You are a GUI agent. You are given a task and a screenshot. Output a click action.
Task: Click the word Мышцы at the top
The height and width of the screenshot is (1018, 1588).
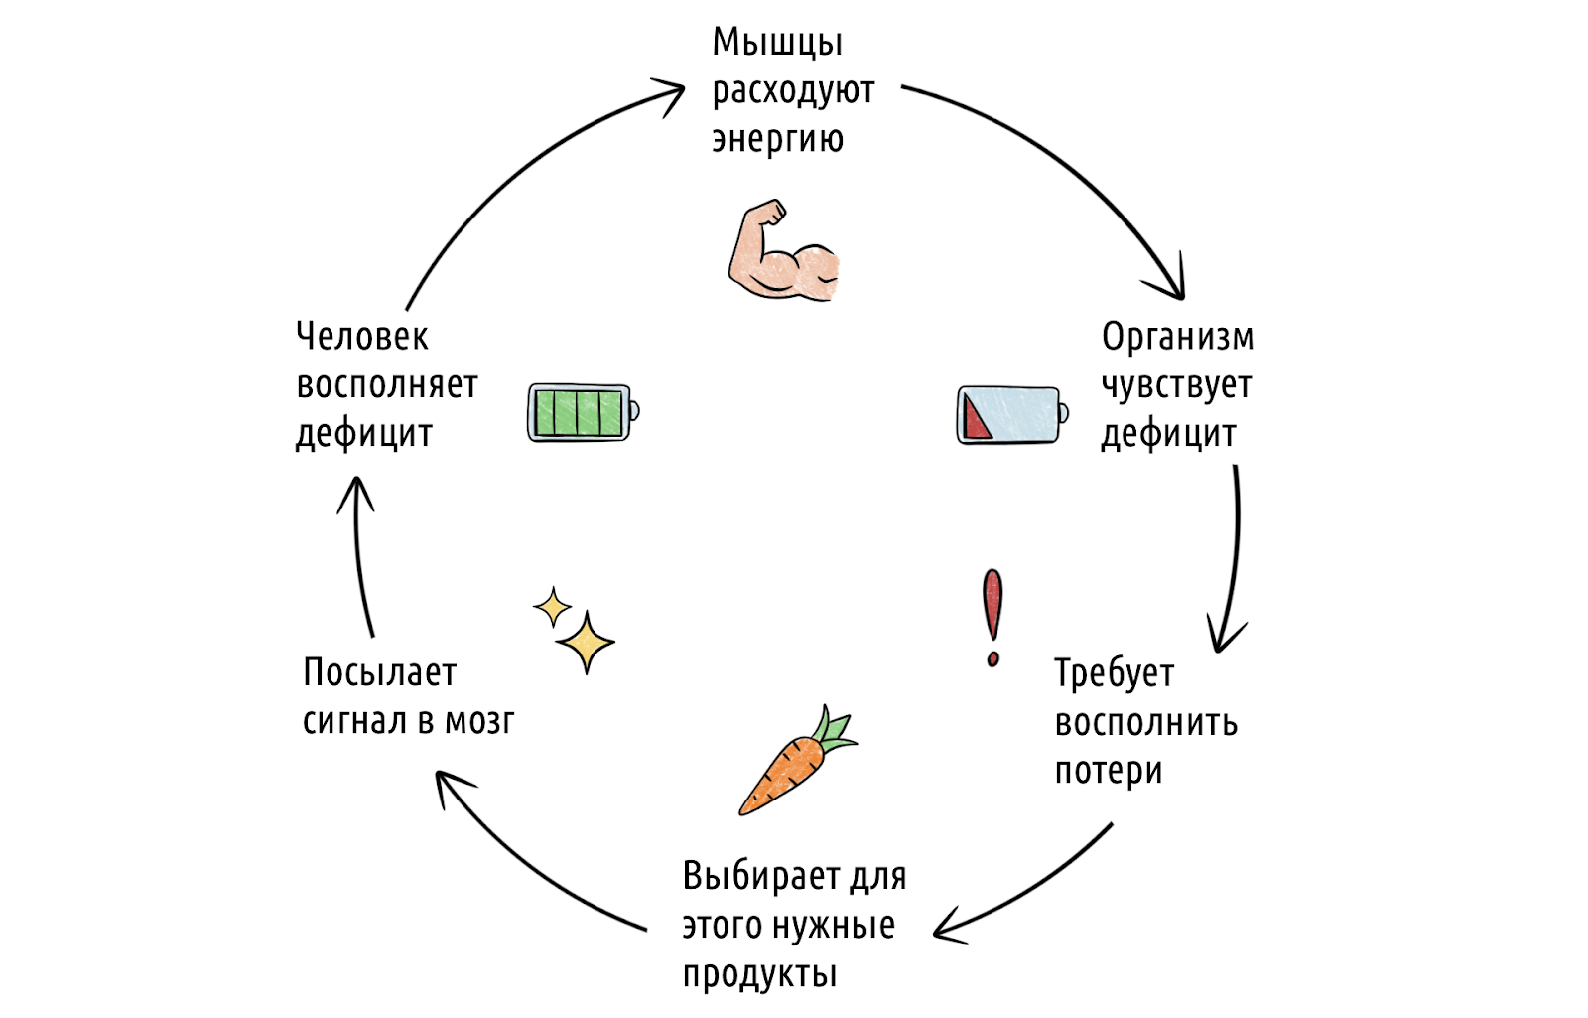tap(777, 44)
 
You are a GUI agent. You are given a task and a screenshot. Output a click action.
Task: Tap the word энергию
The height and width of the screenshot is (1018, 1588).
tap(777, 140)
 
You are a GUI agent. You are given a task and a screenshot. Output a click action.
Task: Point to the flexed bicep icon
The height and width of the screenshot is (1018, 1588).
tap(782, 253)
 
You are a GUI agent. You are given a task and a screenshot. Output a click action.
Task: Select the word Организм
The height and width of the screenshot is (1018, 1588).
tap(1177, 338)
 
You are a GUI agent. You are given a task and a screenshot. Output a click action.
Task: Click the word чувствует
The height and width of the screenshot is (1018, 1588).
tap(1176, 386)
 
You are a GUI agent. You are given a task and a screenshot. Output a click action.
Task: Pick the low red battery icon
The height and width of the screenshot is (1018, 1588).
tap(1011, 415)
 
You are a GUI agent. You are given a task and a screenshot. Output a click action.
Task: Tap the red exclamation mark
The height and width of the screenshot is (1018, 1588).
tap(992, 617)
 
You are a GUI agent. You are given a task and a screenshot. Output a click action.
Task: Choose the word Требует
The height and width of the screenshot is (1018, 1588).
tap(1114, 674)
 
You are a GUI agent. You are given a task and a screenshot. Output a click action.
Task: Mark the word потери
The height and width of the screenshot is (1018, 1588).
tap(1108, 772)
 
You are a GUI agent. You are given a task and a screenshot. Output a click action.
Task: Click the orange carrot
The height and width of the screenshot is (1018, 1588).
tap(784, 776)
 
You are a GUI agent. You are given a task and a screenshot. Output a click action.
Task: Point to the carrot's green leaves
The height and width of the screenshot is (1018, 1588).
tap(835, 730)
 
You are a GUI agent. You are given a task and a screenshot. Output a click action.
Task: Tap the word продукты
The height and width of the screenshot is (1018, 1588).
tap(759, 975)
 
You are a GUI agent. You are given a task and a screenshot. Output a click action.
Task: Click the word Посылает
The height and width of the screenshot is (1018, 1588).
tap(379, 673)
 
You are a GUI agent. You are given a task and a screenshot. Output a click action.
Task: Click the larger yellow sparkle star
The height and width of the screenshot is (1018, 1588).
tap(586, 643)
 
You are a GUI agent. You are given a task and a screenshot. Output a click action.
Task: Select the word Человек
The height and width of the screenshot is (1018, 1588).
tap(362, 337)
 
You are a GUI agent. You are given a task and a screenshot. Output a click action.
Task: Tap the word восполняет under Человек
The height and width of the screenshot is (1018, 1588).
tap(387, 385)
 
